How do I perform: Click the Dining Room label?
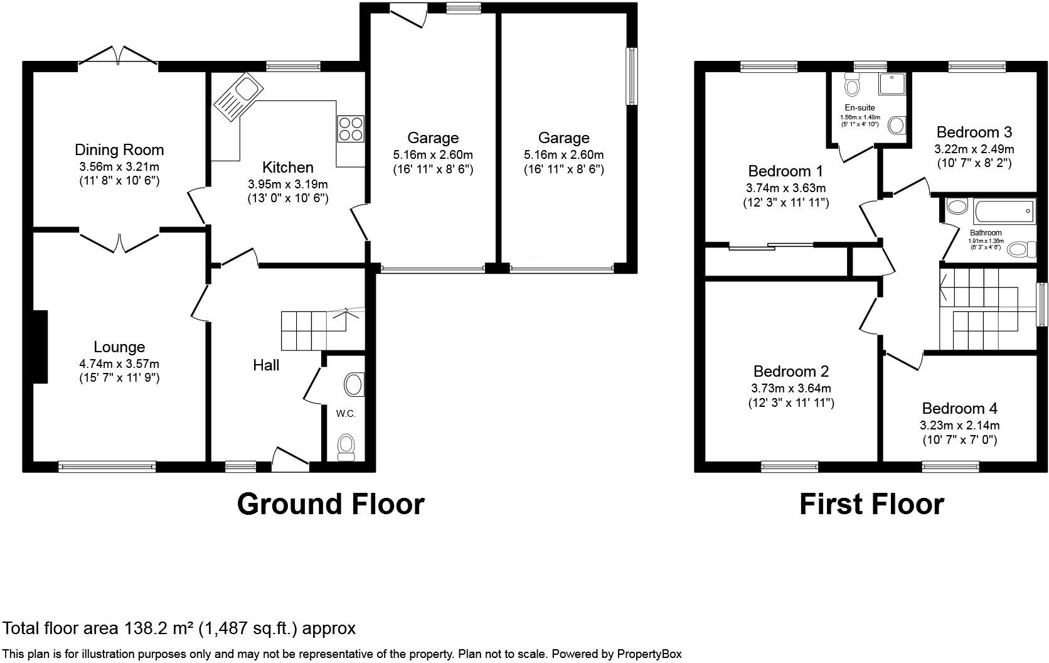[119, 149]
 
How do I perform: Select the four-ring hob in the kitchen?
[351, 129]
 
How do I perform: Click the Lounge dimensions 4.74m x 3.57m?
[119, 364]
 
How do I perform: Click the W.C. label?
[346, 413]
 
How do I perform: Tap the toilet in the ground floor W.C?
[346, 446]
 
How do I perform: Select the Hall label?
[266, 365]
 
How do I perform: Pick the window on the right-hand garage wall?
[632, 77]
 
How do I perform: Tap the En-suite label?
[860, 107]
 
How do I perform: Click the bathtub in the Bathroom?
[1003, 211]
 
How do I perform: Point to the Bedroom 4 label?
[959, 408]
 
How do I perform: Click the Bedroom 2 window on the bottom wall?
[789, 466]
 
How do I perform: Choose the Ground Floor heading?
[331, 504]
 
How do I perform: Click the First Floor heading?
[871, 504]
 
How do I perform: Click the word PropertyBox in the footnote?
[649, 654]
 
